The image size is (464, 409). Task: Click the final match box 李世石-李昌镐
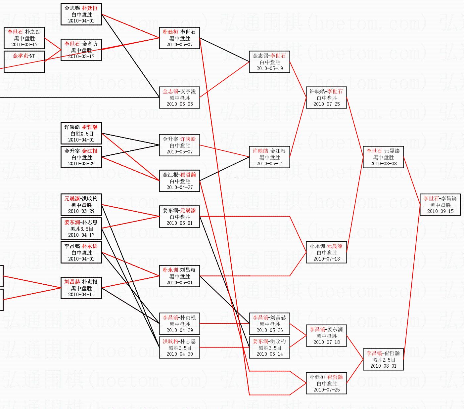(x=440, y=205)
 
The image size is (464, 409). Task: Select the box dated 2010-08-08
(x=383, y=157)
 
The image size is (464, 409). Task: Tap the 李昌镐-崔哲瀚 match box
(x=383, y=359)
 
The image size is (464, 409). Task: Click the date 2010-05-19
(x=269, y=68)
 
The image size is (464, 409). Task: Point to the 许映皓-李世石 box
(x=326, y=98)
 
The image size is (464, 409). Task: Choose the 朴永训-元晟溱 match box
(x=326, y=252)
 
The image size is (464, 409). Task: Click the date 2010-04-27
(x=179, y=187)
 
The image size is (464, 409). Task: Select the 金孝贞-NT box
(x=24, y=61)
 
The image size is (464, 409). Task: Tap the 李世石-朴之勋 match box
(x=24, y=38)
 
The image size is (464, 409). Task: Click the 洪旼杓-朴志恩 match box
(x=179, y=348)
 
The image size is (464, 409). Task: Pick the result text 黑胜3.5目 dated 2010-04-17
(x=81, y=229)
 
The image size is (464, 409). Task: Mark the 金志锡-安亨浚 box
(x=179, y=98)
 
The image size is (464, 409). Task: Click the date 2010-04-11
(x=81, y=295)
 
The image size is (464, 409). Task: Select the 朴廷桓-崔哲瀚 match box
(x=326, y=383)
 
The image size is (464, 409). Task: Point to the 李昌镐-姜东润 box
(x=326, y=336)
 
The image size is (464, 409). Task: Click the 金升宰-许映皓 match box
(x=179, y=145)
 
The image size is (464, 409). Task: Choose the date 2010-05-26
(x=269, y=330)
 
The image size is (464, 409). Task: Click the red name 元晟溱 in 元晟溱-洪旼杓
(x=72, y=199)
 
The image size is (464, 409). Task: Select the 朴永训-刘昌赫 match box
(x=179, y=276)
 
